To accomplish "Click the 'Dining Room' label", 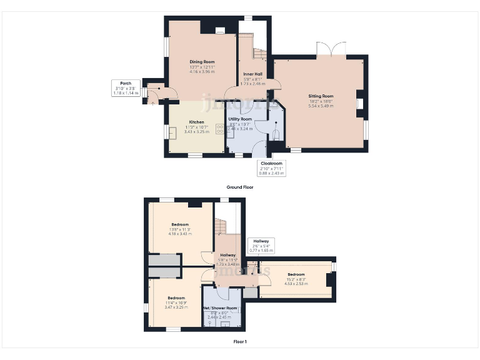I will [202, 62].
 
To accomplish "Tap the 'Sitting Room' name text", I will [321, 96].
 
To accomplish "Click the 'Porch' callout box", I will [122, 87].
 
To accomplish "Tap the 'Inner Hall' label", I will [252, 74].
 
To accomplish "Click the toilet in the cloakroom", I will [275, 133].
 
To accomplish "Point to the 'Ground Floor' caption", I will [240, 187].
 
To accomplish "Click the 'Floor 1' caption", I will [240, 342].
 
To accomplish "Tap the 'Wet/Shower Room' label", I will [220, 308].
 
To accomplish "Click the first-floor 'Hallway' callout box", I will [261, 245].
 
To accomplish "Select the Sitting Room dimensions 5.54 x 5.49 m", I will [321, 106].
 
